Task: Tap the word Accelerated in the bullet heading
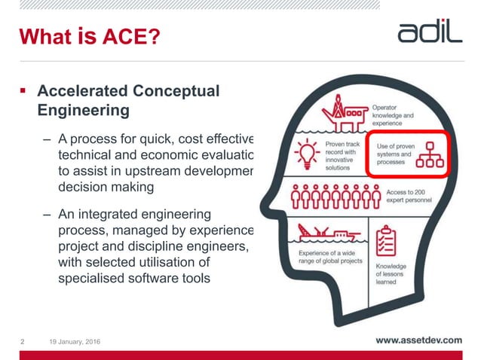[x=82, y=91]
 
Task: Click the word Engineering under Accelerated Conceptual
[x=83, y=111]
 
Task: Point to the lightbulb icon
[x=307, y=154]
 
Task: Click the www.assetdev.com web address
[x=418, y=340]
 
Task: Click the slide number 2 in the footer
[x=21, y=342]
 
